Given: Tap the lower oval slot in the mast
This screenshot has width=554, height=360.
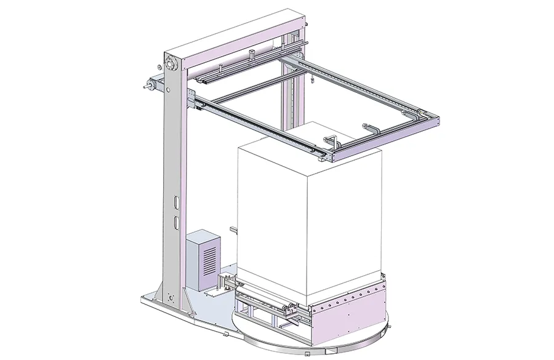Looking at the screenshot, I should pyautogui.click(x=176, y=220).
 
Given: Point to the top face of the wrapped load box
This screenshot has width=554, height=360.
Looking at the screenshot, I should pyautogui.click(x=308, y=140).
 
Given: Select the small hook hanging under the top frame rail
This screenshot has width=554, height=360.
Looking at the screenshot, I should pyautogui.click(x=313, y=78).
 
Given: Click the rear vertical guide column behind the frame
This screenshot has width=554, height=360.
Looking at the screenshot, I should pyautogui.click(x=290, y=98).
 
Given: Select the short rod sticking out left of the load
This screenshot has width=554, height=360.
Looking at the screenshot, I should pyautogui.click(x=233, y=231).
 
